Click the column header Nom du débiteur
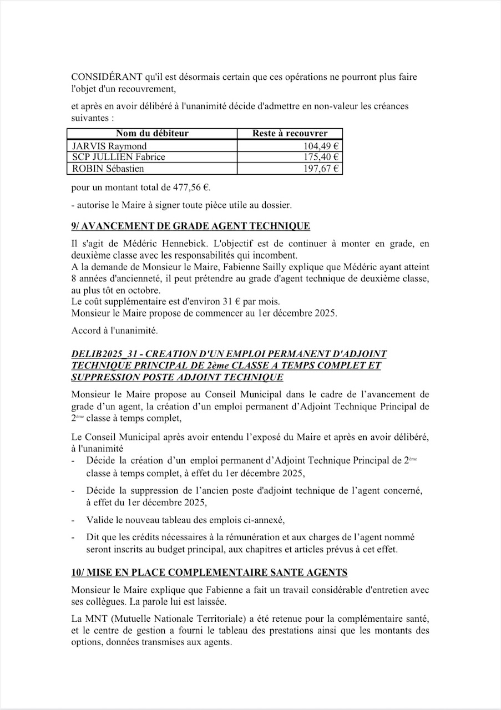[152, 134]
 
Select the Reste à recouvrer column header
[290, 134]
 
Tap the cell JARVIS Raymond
[109, 146]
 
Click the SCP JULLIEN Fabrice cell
[119, 157]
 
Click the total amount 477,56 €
[191, 187]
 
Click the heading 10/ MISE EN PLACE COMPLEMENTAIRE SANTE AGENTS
[210, 572]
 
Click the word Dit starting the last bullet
[93, 537]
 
